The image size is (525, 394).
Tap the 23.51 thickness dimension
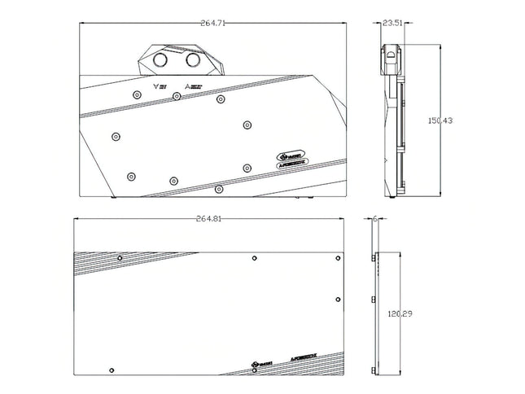(x=392, y=24)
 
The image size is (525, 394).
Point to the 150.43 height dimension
(x=441, y=120)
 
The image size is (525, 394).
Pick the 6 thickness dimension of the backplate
(x=374, y=219)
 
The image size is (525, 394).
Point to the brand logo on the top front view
(x=291, y=155)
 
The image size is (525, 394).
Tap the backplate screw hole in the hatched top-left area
(x=120, y=259)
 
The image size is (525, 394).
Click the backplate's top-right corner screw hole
(x=338, y=258)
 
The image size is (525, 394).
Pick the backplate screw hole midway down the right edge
(x=338, y=299)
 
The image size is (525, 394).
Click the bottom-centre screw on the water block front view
(x=219, y=189)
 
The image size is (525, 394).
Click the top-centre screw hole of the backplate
(x=256, y=258)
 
